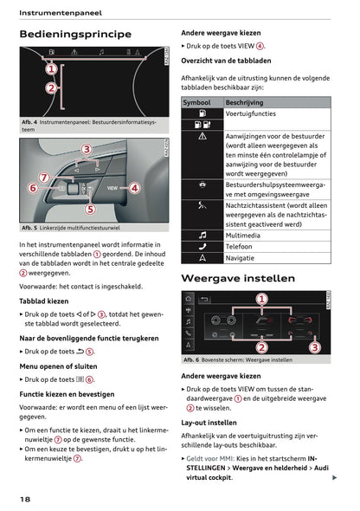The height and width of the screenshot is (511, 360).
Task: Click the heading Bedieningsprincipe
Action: point(75,35)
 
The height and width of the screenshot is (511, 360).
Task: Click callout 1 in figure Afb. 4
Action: point(51,69)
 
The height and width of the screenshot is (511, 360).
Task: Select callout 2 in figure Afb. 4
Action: point(51,88)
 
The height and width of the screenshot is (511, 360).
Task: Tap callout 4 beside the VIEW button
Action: point(135,187)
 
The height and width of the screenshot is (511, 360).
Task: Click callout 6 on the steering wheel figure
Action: point(33,188)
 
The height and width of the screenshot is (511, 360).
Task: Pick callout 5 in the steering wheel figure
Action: point(89,209)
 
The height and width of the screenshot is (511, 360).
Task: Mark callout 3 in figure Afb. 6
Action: point(314,346)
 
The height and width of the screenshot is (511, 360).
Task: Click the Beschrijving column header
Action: point(244,102)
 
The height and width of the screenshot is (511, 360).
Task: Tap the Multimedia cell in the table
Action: point(243,234)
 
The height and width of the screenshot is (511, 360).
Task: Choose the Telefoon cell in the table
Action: point(240,246)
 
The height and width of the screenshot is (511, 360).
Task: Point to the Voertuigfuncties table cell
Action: point(251,113)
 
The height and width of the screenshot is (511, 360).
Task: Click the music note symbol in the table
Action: point(202,234)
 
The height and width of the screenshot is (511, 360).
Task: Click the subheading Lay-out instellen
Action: point(209,423)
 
